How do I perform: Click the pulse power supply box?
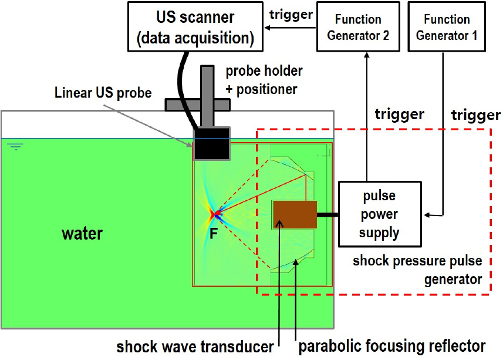[x=379, y=214]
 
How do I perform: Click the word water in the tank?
[x=82, y=234]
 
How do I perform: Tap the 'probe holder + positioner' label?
[x=264, y=79]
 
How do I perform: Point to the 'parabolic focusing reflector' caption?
[x=392, y=346]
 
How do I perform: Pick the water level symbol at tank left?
[x=16, y=146]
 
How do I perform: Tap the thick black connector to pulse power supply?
[x=328, y=214]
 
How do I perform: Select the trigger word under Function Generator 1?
[x=475, y=115]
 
